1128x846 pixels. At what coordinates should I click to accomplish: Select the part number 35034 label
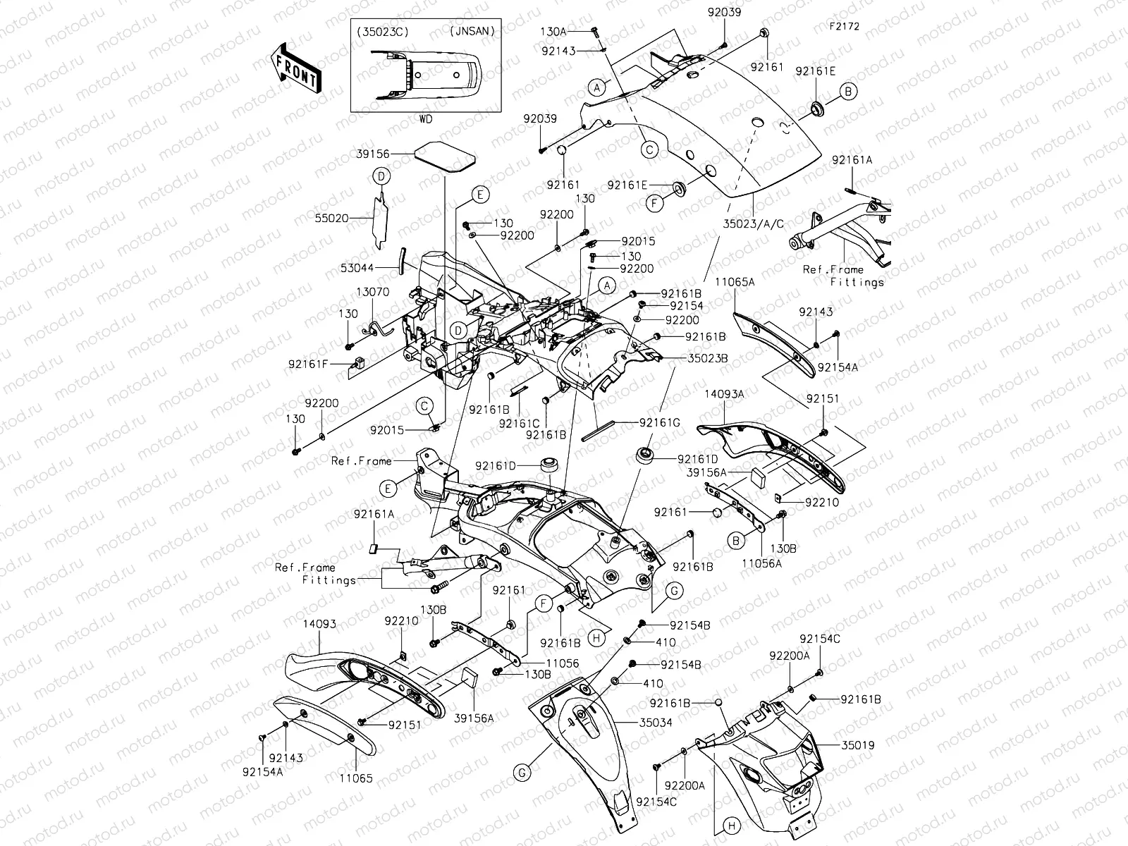click(x=656, y=723)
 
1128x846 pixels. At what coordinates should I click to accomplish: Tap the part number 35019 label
click(x=856, y=744)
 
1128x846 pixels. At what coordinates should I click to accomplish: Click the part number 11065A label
click(x=735, y=282)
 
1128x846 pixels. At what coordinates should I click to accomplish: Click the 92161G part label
click(x=660, y=423)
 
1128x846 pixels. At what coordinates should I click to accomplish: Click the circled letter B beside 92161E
click(x=848, y=91)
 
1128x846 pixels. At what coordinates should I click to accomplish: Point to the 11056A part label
click(x=761, y=564)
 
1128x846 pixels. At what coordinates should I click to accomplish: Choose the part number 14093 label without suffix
click(x=319, y=624)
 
